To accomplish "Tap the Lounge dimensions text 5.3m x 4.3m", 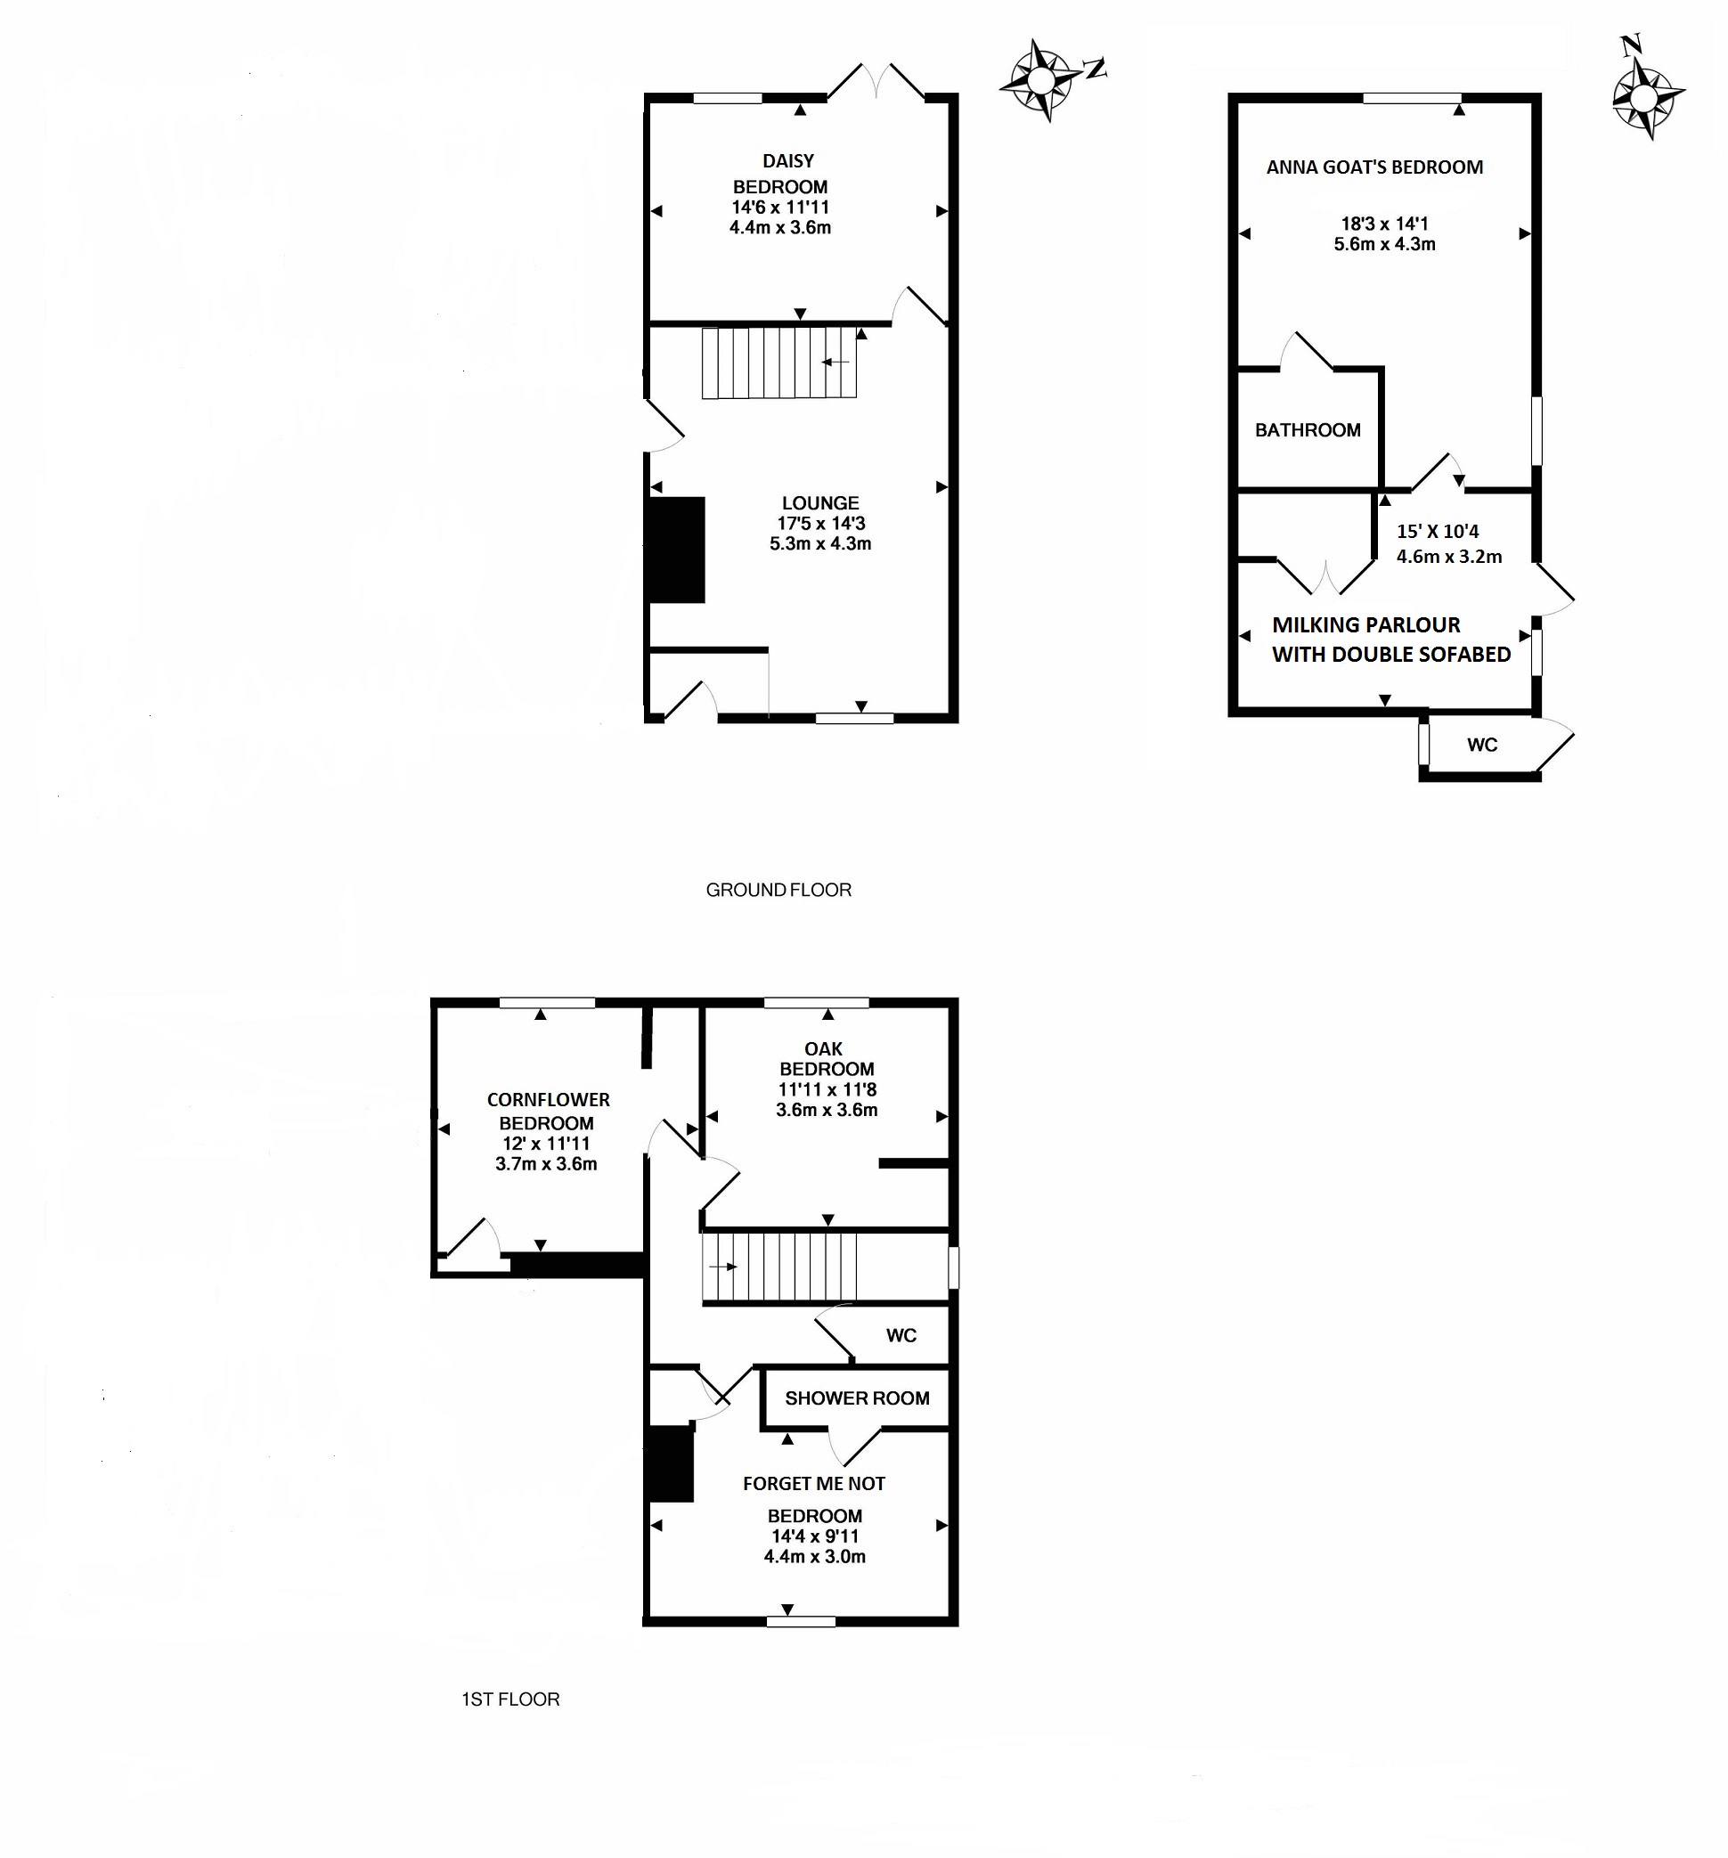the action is pyautogui.click(x=819, y=544).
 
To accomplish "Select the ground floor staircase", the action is pyautogui.click(x=779, y=363).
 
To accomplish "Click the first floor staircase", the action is pyautogui.click(x=779, y=1267).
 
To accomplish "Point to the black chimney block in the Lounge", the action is pyautogui.click(x=676, y=550).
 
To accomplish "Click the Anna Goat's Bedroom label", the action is pyautogui.click(x=1373, y=167).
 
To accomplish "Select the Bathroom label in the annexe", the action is pyautogui.click(x=1307, y=430).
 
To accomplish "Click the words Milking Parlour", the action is pyautogui.click(x=1365, y=625).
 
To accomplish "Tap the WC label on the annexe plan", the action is pyautogui.click(x=1481, y=745).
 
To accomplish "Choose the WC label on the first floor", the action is pyautogui.click(x=901, y=1335).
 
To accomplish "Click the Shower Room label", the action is pyautogui.click(x=857, y=1398).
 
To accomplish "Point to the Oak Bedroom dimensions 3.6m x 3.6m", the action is pyautogui.click(x=827, y=1111).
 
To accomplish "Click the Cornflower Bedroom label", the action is pyautogui.click(x=548, y=1112).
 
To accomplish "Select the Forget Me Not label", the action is pyautogui.click(x=813, y=1483).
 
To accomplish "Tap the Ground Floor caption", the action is pyautogui.click(x=778, y=890).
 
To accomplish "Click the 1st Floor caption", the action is pyautogui.click(x=510, y=1699).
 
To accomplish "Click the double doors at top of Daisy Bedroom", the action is pyautogui.click(x=876, y=81).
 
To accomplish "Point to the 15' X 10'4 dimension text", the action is pyautogui.click(x=1438, y=532).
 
